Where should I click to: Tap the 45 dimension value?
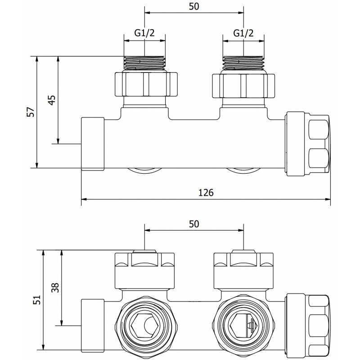(x=52, y=99)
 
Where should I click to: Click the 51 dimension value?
(x=36, y=300)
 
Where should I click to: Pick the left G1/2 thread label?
(x=144, y=33)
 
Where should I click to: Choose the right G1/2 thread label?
(x=243, y=33)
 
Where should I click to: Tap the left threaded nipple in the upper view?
(x=144, y=63)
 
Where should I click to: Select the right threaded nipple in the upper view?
(x=243, y=63)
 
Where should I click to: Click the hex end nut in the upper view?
(x=308, y=143)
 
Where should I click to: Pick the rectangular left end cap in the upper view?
(x=93, y=143)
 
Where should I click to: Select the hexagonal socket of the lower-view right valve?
(x=243, y=323)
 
